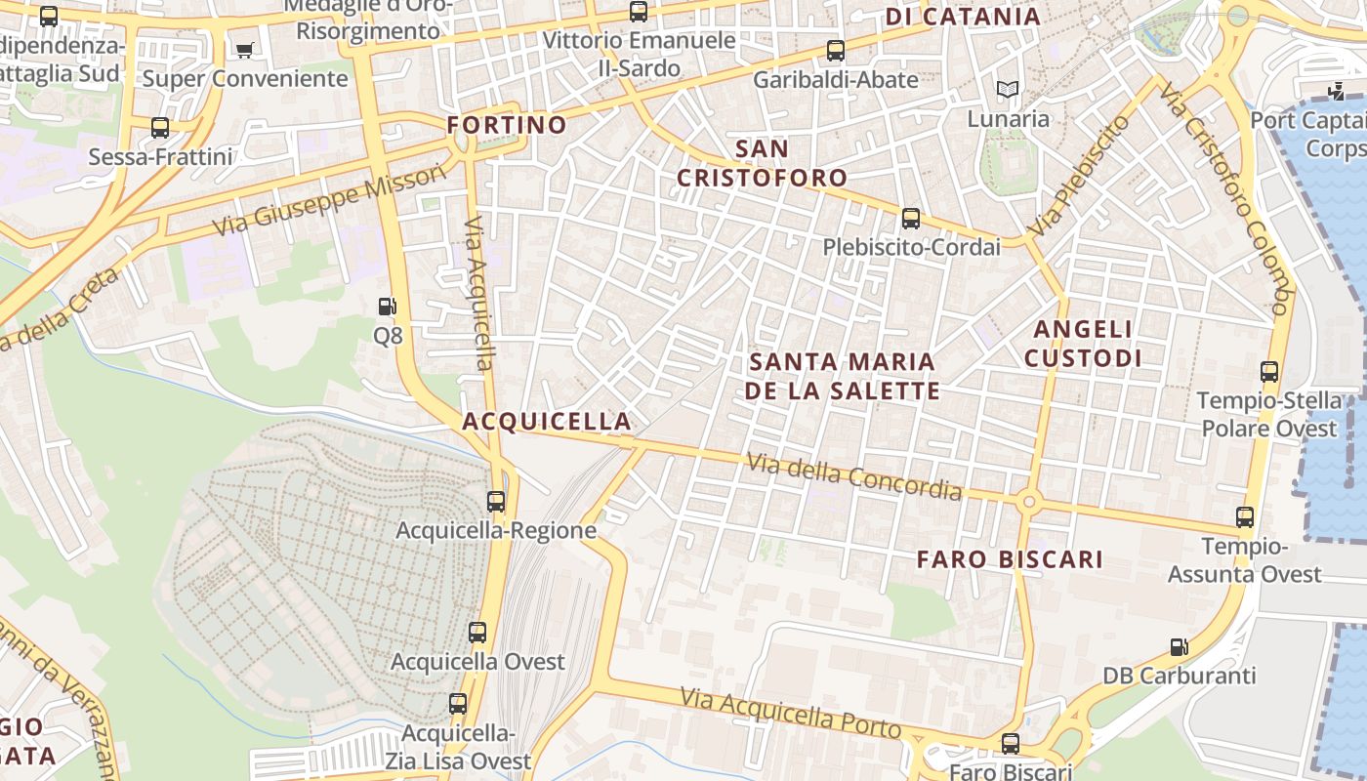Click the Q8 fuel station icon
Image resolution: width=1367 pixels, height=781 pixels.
click(x=388, y=307)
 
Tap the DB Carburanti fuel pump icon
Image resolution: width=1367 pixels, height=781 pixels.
click(x=1180, y=646)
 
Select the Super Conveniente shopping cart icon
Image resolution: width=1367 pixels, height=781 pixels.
click(x=244, y=50)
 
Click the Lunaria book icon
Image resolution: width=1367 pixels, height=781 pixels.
click(x=1008, y=90)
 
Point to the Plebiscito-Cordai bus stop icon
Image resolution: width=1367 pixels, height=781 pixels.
click(x=911, y=218)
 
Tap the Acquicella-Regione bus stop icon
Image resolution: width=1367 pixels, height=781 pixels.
click(x=496, y=502)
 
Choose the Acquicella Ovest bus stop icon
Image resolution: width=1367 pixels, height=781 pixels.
click(x=477, y=633)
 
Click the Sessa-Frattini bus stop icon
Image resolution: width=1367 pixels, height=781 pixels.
click(x=160, y=128)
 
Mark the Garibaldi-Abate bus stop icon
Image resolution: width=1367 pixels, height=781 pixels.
click(x=836, y=51)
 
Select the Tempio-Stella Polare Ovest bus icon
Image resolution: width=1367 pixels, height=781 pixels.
click(x=1269, y=372)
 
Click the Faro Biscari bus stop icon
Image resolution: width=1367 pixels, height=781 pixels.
click(x=1011, y=744)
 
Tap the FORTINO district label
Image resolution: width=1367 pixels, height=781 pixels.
click(x=507, y=125)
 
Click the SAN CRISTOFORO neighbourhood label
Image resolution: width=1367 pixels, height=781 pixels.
click(x=763, y=163)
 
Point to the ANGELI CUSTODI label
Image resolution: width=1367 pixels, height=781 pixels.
click(x=1083, y=344)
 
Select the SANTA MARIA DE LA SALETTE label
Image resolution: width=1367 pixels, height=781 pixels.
click(x=842, y=376)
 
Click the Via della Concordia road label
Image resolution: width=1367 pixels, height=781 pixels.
click(x=855, y=476)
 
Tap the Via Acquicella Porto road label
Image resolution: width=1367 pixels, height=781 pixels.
click(x=791, y=713)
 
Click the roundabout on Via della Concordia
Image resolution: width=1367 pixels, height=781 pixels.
click(x=1028, y=502)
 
